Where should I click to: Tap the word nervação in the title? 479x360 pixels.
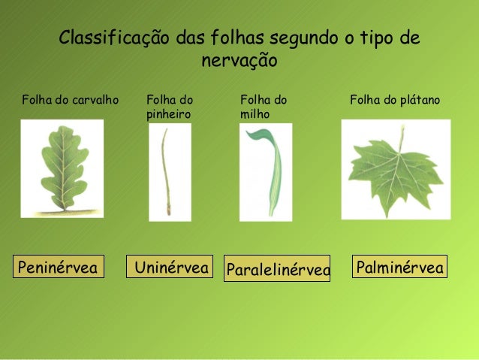(x=239, y=60)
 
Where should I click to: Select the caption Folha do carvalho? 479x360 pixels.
(x=71, y=99)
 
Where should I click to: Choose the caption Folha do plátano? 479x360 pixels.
(x=395, y=99)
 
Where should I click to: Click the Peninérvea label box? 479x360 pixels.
(x=58, y=267)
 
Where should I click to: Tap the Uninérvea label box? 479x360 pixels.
(x=170, y=267)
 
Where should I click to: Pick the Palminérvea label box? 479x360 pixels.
(x=399, y=267)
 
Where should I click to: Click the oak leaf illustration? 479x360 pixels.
(x=62, y=168)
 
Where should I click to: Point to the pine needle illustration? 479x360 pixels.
(x=166, y=171)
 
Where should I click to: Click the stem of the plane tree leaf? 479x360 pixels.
(x=401, y=138)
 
